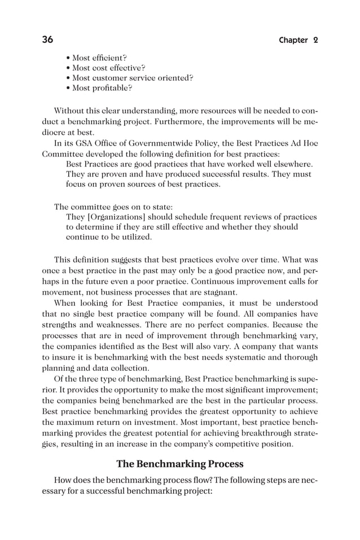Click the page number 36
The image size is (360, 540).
coord(47,39)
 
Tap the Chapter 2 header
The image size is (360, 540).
coord(298,40)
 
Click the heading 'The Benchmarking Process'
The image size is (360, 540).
coord(179,464)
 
